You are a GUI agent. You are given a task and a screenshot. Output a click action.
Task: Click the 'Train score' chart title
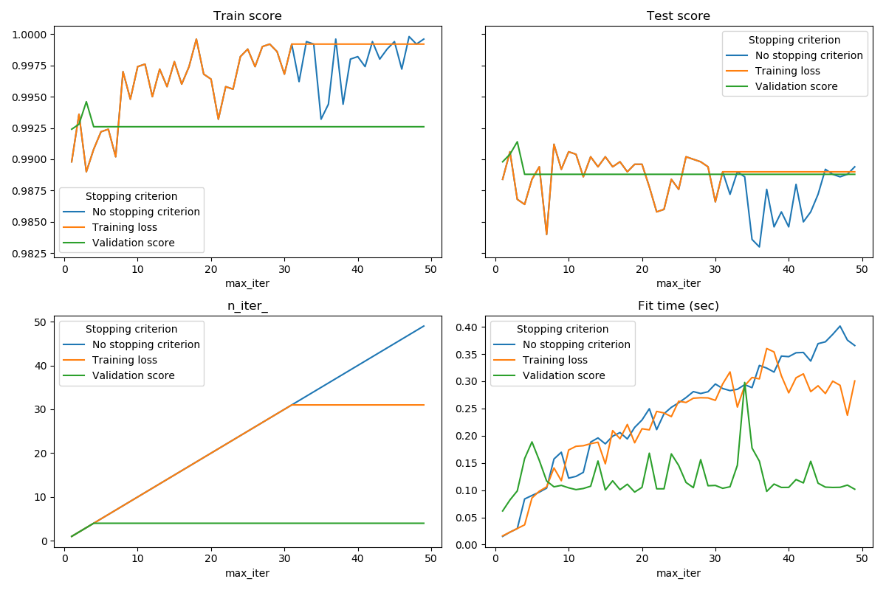coord(247,15)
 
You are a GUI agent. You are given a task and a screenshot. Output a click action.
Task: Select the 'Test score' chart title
coord(678,15)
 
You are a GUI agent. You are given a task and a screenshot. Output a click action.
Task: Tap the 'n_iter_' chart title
coord(247,305)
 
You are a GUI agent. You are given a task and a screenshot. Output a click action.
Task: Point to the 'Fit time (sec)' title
coord(678,305)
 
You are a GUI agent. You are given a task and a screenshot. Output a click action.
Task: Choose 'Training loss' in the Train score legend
coord(124,227)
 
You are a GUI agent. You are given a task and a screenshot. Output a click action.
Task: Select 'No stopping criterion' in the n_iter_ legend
coord(145,344)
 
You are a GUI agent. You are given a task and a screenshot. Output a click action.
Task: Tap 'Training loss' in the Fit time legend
coord(555,360)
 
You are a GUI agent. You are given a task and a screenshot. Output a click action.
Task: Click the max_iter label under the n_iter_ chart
coord(247,573)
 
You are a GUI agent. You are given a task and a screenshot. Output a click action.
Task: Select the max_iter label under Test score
coord(678,283)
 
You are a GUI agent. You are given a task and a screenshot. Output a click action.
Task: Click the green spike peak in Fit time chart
coord(744,383)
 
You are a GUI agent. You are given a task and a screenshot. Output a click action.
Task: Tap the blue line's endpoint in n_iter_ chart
coord(424,326)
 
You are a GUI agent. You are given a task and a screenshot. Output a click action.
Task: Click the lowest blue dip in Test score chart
coord(759,246)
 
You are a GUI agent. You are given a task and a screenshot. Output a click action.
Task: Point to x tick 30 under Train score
coord(284,270)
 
